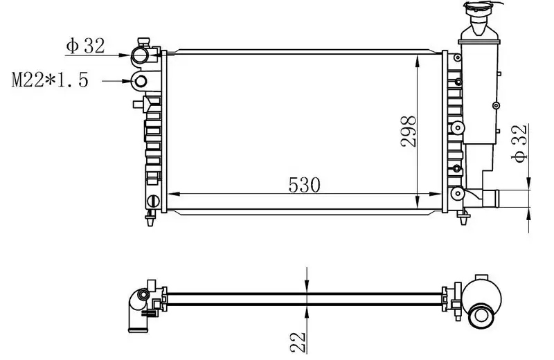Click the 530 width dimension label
click(x=304, y=185)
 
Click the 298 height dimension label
click(x=409, y=131)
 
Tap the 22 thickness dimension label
click(x=298, y=342)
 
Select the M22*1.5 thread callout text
click(x=50, y=80)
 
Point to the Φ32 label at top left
click(x=85, y=46)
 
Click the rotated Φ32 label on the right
click(x=519, y=144)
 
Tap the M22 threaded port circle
click(x=141, y=81)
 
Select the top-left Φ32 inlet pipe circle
click(x=141, y=56)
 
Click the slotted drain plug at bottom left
click(x=153, y=201)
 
